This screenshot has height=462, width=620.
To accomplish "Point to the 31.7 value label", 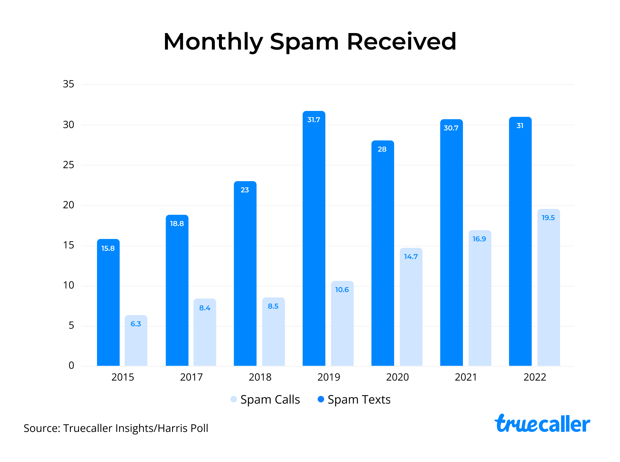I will coord(314,120).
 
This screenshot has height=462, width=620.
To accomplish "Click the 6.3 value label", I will coord(136,324).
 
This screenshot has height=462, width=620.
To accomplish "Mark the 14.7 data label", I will coord(411,257).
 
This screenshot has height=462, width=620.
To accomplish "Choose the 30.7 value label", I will coord(451,128).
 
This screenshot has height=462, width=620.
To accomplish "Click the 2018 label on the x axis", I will coord(260,377).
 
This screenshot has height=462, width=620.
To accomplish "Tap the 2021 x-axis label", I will coord(466,377).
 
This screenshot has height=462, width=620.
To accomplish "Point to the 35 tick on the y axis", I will coord(68,84).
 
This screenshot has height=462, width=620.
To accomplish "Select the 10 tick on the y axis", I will coord(68,285).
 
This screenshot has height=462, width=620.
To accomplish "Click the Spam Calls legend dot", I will coord(234,399).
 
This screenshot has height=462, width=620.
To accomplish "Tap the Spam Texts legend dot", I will coord(321,399).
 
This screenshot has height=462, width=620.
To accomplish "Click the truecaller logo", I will coord(542,424).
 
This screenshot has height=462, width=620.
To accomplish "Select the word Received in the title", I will coord(401,42).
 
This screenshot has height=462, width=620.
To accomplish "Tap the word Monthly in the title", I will coord(213,42).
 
